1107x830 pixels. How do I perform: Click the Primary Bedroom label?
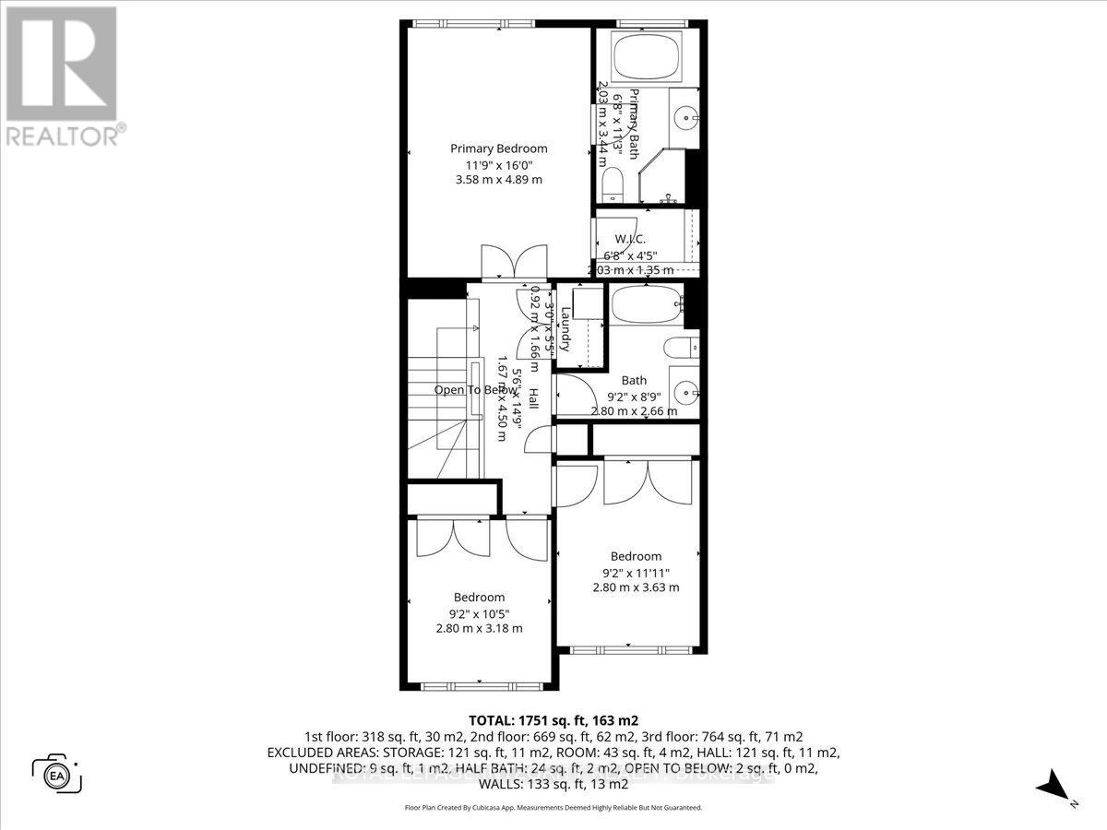(498, 148)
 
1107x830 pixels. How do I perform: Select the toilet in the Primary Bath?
(613, 187)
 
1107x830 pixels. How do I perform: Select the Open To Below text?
(476, 390)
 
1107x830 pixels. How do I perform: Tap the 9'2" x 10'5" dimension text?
(479, 612)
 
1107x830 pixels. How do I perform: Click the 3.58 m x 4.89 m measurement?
(498, 180)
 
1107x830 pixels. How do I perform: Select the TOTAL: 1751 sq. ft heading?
(553, 720)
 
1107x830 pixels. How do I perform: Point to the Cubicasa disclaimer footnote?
(553, 807)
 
